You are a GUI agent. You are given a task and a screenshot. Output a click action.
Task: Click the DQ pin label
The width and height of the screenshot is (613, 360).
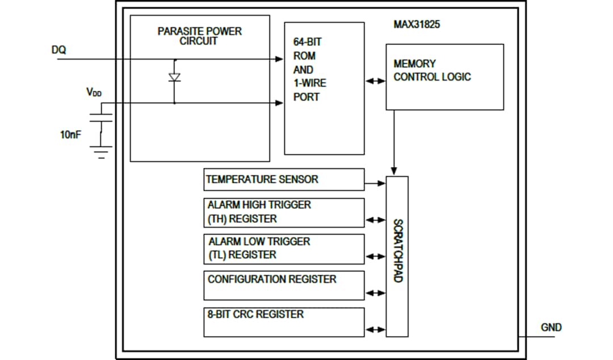tap(58, 50)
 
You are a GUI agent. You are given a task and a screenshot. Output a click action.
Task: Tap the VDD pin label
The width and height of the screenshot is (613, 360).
tap(94, 93)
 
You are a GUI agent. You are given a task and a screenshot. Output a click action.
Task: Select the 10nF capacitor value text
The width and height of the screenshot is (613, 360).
tap(70, 136)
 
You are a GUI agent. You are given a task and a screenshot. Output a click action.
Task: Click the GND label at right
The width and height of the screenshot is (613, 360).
tap(551, 327)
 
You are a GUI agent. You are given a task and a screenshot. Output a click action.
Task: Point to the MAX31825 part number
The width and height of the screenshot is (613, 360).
tap(417, 26)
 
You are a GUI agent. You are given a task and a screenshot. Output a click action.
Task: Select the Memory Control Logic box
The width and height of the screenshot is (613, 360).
tap(444, 77)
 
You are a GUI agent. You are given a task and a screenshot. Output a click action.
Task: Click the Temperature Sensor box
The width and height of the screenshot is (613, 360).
tap(284, 179)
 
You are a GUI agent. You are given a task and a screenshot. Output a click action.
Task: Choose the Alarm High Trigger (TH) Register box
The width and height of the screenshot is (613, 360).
tap(284, 212)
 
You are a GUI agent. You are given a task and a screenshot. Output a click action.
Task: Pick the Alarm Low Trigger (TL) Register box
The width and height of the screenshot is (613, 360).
tap(284, 249)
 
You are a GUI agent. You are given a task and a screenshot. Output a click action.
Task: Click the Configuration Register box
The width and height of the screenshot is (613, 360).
tap(284, 285)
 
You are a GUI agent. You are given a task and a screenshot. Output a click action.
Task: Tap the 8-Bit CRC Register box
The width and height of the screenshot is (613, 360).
tap(284, 321)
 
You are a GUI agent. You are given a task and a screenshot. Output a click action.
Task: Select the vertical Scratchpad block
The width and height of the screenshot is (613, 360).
tap(397, 256)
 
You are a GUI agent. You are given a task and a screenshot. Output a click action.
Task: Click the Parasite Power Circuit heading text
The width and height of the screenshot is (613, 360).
tap(199, 36)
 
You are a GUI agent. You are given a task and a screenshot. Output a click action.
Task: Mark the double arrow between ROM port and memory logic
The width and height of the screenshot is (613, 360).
tap(375, 81)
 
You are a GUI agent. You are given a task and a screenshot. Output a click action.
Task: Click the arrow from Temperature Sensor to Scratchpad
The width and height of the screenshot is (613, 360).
tap(375, 183)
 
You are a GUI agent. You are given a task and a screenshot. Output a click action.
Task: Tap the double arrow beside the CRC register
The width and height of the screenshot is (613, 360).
tap(375, 329)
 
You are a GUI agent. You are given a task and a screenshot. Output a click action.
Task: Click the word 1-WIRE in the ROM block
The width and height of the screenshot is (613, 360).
tap(309, 83)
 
